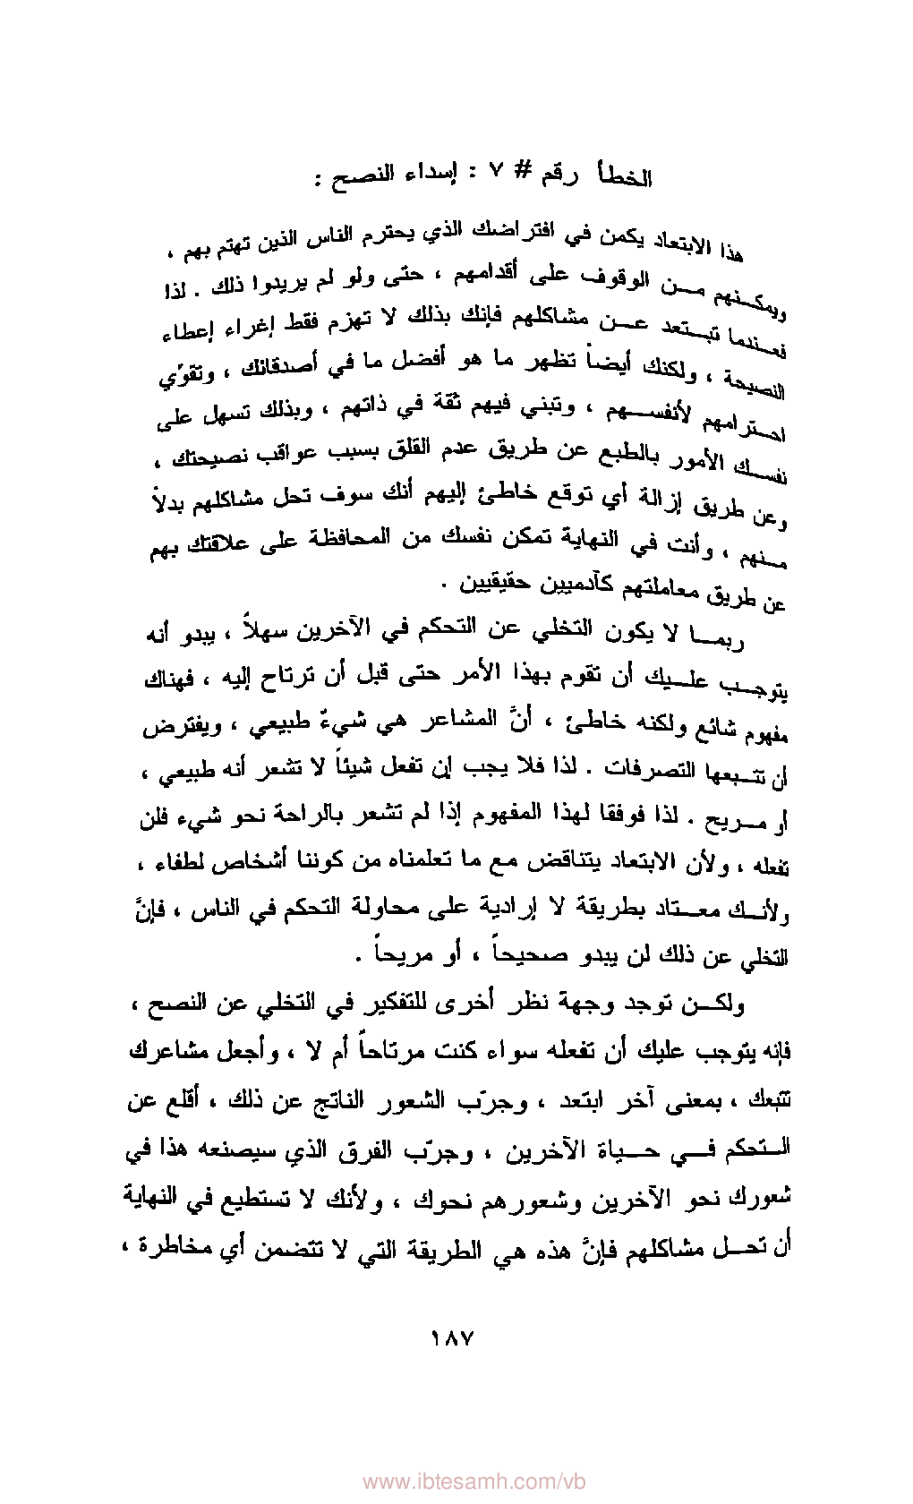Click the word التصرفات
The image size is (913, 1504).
click(635, 766)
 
